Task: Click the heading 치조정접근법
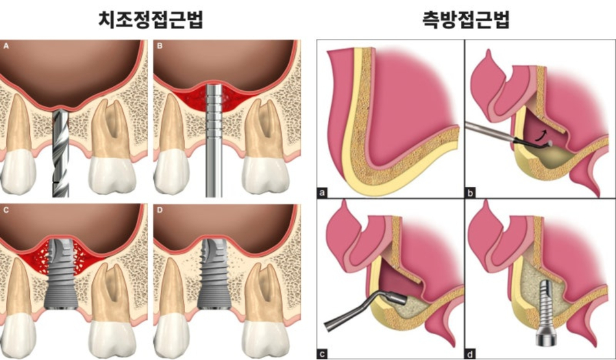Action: (151, 20)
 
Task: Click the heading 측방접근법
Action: (465, 20)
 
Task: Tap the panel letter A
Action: (6, 46)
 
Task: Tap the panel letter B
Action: (160, 46)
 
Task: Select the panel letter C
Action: (6, 210)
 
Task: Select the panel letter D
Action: (160, 210)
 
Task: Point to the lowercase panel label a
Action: (323, 193)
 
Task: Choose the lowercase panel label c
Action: (323, 354)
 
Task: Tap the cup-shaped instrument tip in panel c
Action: (397, 296)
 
